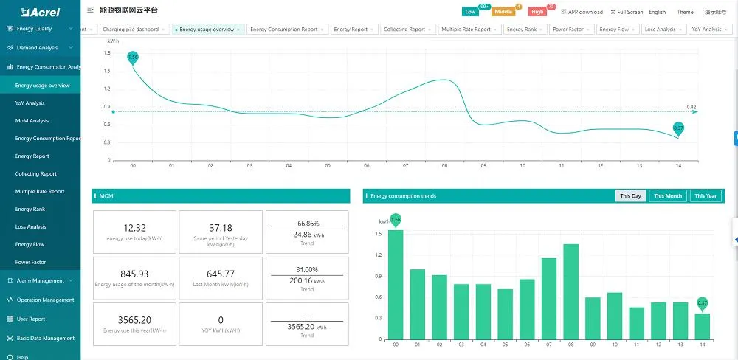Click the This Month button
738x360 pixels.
coord(668,196)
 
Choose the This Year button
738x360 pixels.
coord(706,196)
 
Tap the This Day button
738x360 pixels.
coord(630,196)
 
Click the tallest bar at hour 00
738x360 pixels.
coord(396,284)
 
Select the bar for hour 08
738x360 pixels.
coord(570,291)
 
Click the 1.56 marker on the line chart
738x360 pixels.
coord(133,58)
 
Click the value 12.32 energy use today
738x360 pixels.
coord(134,229)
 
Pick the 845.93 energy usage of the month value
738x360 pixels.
coord(134,274)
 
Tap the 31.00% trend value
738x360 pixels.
coord(307,269)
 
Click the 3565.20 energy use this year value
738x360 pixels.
coord(134,320)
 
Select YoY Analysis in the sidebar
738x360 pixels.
coord(30,103)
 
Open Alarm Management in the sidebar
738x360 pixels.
coord(41,280)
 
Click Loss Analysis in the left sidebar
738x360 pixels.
coord(31,226)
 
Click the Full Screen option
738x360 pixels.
coord(627,12)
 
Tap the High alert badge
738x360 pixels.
coord(537,12)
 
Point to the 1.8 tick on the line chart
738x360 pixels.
coord(107,53)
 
